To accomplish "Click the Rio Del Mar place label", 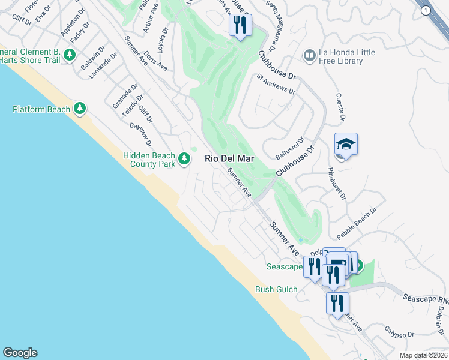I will coord(229,159).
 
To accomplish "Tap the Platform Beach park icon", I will coord(80,109).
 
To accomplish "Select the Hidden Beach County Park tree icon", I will coord(184,159).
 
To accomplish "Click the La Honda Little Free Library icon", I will coord(310,56).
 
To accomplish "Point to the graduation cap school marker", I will coord(346,145).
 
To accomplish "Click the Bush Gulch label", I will coord(276,289).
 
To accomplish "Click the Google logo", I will coord(20,353).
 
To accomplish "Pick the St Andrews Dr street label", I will coord(276,84).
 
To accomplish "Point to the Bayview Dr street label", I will coord(140,135).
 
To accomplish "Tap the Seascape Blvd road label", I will coord(425,299).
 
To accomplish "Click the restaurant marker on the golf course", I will coord(240,25).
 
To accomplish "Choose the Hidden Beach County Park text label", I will coord(149,159).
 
